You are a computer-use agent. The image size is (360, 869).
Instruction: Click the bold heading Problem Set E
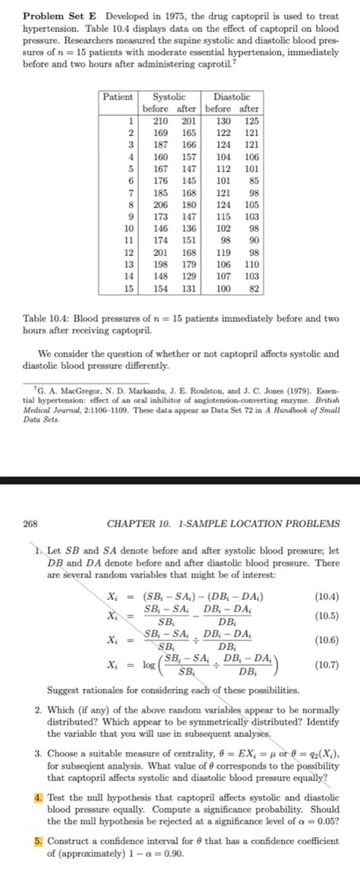click(x=55, y=17)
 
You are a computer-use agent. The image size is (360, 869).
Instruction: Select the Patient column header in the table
click(x=118, y=98)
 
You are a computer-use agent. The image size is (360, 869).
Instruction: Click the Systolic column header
click(x=169, y=98)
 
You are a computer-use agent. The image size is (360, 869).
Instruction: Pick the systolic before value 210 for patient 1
click(x=161, y=121)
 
